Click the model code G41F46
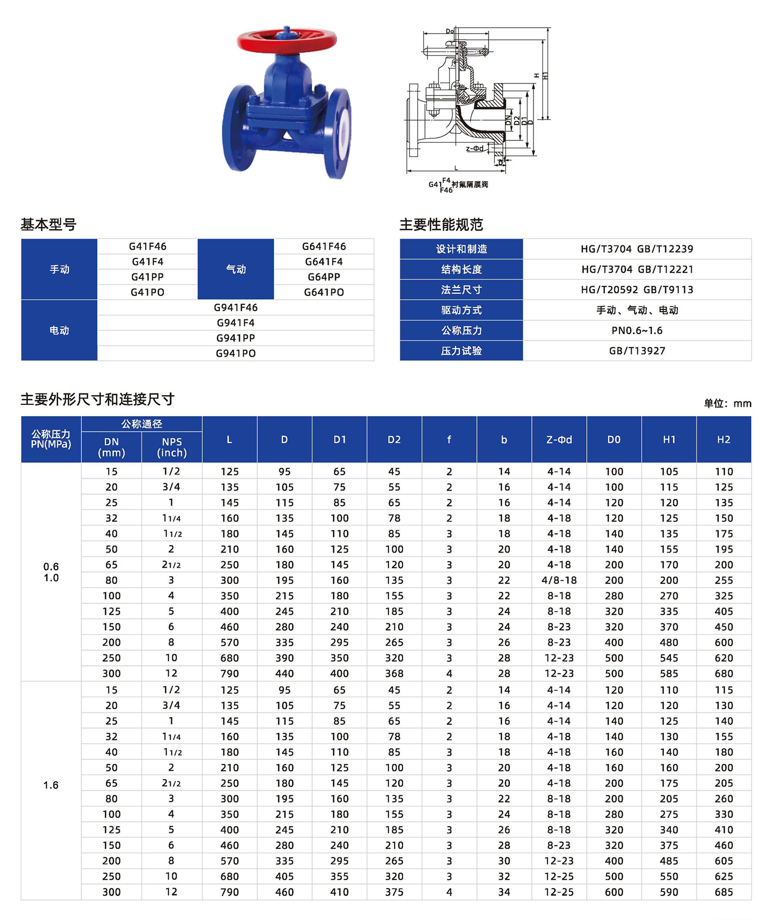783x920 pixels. tap(148, 246)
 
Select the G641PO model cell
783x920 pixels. tap(324, 292)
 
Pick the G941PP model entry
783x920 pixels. tap(235, 338)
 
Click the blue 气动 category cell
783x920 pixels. tap(235, 269)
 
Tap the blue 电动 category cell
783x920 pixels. tap(59, 330)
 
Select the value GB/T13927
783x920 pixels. tap(637, 351)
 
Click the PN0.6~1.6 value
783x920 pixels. tap(637, 330)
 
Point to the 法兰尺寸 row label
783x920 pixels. tap(461, 290)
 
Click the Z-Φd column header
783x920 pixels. tap(559, 440)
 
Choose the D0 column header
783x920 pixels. tap(614, 440)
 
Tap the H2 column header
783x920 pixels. tap(723, 440)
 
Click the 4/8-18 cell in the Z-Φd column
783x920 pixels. tap(559, 580)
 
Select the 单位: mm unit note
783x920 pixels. tap(727, 403)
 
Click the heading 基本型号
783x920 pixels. tap(49, 225)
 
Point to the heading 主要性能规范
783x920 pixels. tap(441, 225)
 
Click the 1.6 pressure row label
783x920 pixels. tap(51, 785)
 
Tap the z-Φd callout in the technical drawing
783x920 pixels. tap(474, 149)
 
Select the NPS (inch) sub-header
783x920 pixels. tap(172, 447)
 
